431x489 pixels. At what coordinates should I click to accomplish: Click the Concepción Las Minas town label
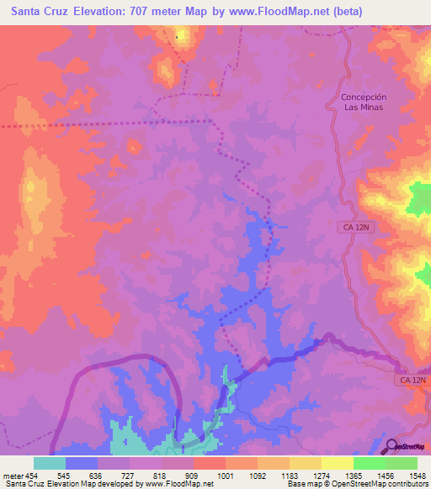coord(363,103)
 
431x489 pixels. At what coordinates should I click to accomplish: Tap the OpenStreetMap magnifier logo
coord(393,446)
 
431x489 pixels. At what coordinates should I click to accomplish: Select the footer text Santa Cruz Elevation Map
coord(51,484)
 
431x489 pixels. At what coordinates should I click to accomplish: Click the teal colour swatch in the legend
coord(50,463)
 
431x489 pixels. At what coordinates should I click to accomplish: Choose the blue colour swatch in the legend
coord(82,463)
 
